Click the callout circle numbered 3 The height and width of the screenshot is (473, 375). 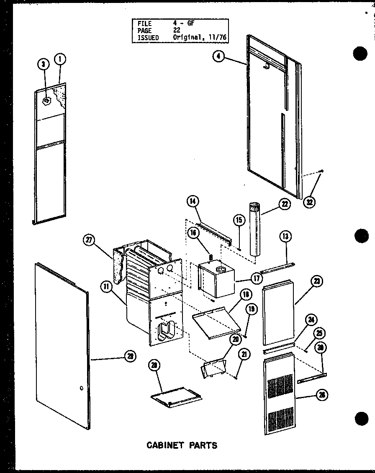click(x=43, y=64)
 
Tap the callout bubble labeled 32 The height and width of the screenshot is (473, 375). click(x=310, y=202)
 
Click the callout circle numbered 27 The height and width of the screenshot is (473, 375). click(x=89, y=240)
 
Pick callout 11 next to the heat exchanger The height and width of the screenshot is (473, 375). click(x=105, y=287)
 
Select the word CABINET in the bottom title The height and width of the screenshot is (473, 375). click(x=164, y=445)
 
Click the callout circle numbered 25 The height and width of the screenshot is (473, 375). click(x=319, y=334)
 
